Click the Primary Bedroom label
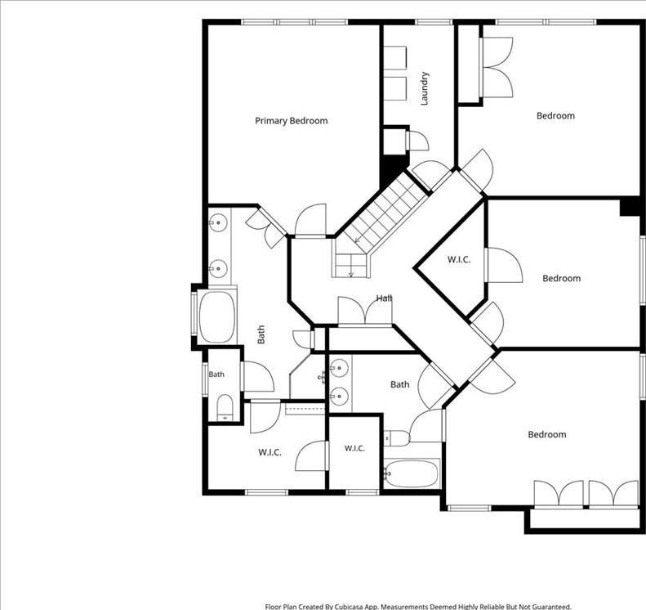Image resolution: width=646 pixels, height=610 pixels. click(292, 121)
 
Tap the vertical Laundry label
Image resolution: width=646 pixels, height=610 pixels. click(425, 88)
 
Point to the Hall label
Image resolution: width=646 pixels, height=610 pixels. click(384, 298)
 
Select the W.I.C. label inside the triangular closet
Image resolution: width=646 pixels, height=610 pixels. click(459, 259)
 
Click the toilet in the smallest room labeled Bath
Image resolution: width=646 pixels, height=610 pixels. click(225, 407)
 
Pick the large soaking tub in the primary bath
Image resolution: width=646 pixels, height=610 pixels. click(217, 316)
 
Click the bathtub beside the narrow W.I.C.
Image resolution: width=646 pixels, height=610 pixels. click(411, 474)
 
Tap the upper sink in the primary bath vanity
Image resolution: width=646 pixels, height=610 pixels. click(218, 223)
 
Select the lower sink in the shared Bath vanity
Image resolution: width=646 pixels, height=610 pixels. click(340, 397)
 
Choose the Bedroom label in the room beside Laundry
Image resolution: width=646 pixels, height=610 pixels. click(555, 115)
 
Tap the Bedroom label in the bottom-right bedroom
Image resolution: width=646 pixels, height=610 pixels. click(547, 434)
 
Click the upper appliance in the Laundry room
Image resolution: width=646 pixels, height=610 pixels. click(395, 58)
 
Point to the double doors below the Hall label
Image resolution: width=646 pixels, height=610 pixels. click(364, 312)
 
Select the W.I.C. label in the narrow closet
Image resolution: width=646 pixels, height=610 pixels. click(354, 448)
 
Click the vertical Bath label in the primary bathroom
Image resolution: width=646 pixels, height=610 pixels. click(261, 334)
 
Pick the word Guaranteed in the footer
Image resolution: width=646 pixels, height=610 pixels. click(550, 606)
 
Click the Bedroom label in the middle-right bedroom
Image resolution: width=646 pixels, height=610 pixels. click(562, 278)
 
